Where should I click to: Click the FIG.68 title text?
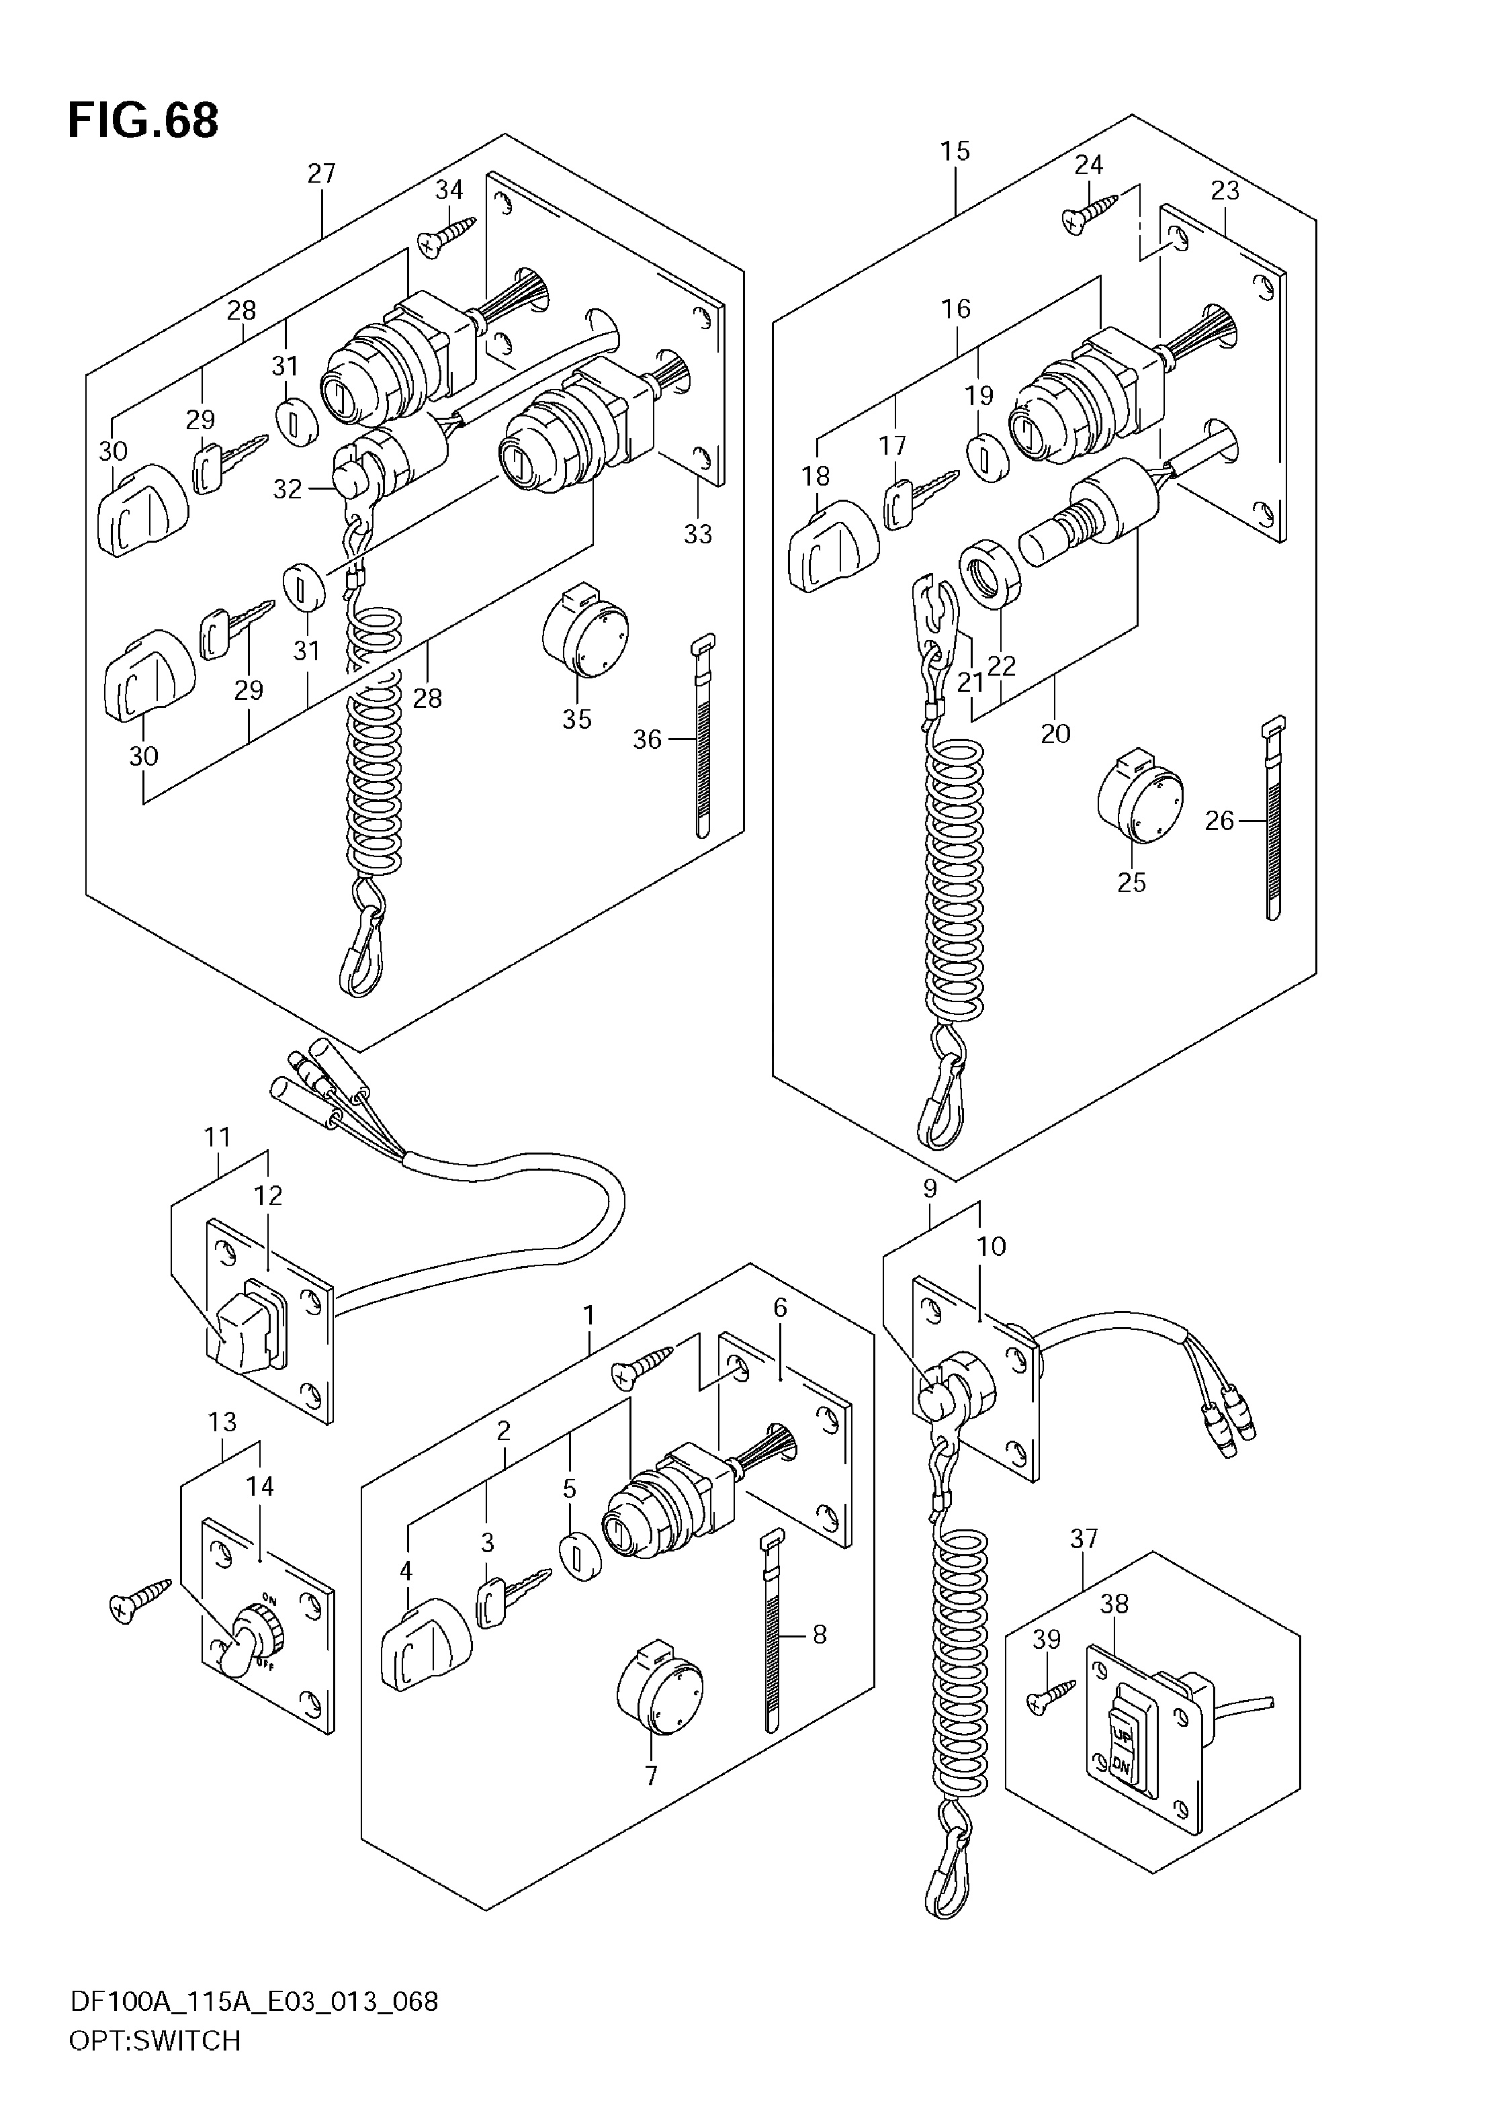[144, 120]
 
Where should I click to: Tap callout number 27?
[321, 173]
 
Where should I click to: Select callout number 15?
[955, 151]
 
